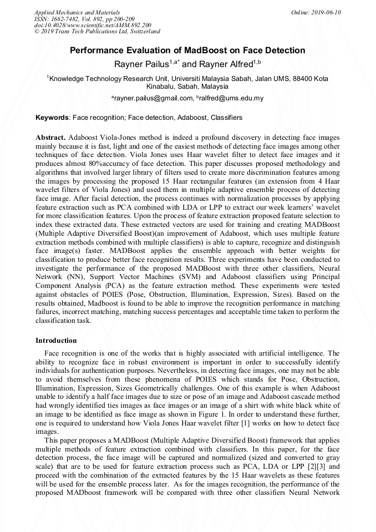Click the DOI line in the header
pos(93,26)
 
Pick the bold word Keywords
pos(53,118)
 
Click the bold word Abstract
pos(50,137)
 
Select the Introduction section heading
pos(56,340)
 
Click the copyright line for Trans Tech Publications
pos(97,32)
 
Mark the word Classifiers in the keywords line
pos(226,118)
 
